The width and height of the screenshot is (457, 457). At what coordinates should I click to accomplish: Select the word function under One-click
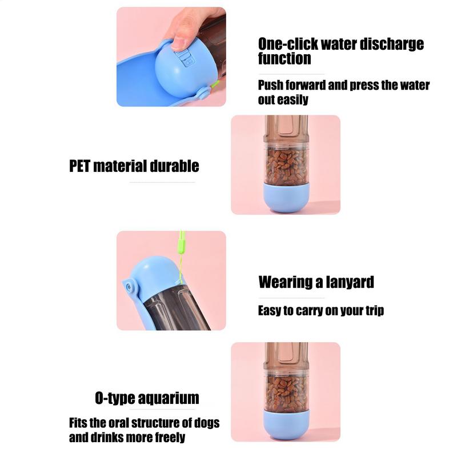pos(284,58)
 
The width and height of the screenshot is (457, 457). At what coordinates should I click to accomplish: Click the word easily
pos(293,99)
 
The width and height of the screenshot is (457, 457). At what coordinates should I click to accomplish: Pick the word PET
pos(79,166)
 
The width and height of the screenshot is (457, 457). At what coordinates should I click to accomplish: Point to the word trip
pos(375,311)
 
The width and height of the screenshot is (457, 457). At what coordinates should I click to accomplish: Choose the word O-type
pos(118,398)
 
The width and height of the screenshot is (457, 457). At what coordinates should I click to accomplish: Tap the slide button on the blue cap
pos(185,59)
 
